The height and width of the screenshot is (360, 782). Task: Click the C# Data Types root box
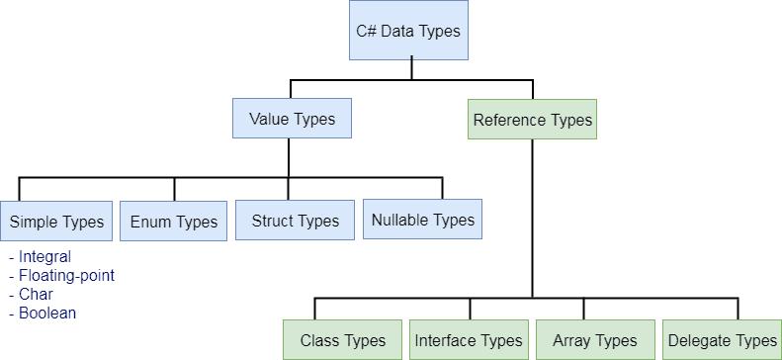[408, 30]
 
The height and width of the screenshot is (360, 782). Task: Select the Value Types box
[292, 119]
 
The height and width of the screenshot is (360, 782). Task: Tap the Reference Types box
[532, 120]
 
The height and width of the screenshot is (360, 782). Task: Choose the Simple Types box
[56, 222]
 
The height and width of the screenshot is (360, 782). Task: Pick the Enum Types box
[174, 222]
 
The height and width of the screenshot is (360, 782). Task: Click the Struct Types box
[295, 221]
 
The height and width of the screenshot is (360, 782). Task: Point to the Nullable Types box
[422, 220]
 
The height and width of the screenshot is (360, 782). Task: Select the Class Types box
[342, 340]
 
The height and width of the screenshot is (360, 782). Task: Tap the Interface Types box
[469, 340]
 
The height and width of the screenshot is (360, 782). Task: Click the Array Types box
[594, 340]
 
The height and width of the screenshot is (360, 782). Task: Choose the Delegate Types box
[722, 340]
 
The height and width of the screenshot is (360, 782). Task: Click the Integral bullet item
[43, 257]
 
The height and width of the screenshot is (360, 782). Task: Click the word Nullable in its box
[400, 220]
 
